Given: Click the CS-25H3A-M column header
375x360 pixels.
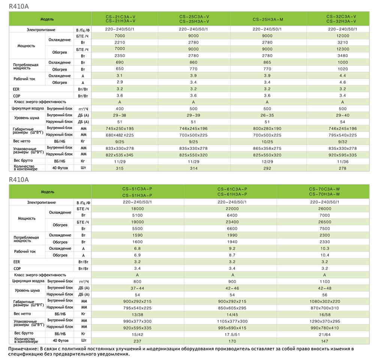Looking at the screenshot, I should pyautogui.click(x=267, y=19).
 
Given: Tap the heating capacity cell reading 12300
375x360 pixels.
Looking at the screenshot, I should pyautogui.click(x=343, y=49).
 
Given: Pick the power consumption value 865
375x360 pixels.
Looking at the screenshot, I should pyautogui.click(x=267, y=63).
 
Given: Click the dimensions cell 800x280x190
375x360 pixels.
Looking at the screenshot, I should pyautogui.click(x=267, y=128).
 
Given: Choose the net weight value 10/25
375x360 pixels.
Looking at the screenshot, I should pyautogui.click(x=267, y=142).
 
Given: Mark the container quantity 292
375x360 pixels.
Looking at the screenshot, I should pyautogui.click(x=267, y=168).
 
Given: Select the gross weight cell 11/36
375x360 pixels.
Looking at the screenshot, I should pyautogui.click(x=343, y=161).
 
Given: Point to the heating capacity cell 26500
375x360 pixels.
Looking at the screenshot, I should pyautogui.click(x=325, y=222).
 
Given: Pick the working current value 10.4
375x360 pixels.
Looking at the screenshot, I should pyautogui.click(x=325, y=255).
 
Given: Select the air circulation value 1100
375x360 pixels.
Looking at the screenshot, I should pyautogui.click(x=325, y=282).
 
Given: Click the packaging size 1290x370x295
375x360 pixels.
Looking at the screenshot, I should pyautogui.click(x=325, y=321).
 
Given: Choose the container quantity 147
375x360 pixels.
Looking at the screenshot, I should pyautogui.click(x=325, y=341).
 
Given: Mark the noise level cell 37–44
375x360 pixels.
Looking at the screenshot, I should pyautogui.click(x=137, y=288).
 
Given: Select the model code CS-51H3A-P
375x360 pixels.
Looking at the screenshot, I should pyautogui.click(x=137, y=195).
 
